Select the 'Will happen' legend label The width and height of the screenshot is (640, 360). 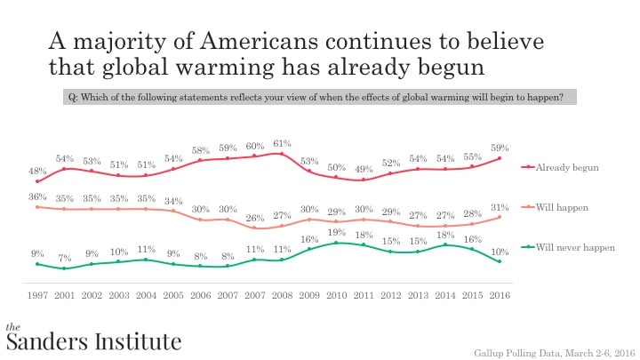click(564, 208)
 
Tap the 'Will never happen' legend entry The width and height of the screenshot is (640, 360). click(574, 248)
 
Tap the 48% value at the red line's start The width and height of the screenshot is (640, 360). click(36, 169)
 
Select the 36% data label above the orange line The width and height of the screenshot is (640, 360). click(36, 196)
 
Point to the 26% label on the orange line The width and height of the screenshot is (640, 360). click(255, 218)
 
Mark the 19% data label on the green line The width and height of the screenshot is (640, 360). click(336, 231)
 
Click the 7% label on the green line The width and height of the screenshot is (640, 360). click(64, 258)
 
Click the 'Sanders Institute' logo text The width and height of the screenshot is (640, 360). click(93, 340)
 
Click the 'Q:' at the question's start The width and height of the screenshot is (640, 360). click(71, 97)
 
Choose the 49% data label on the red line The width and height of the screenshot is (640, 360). click(364, 169)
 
